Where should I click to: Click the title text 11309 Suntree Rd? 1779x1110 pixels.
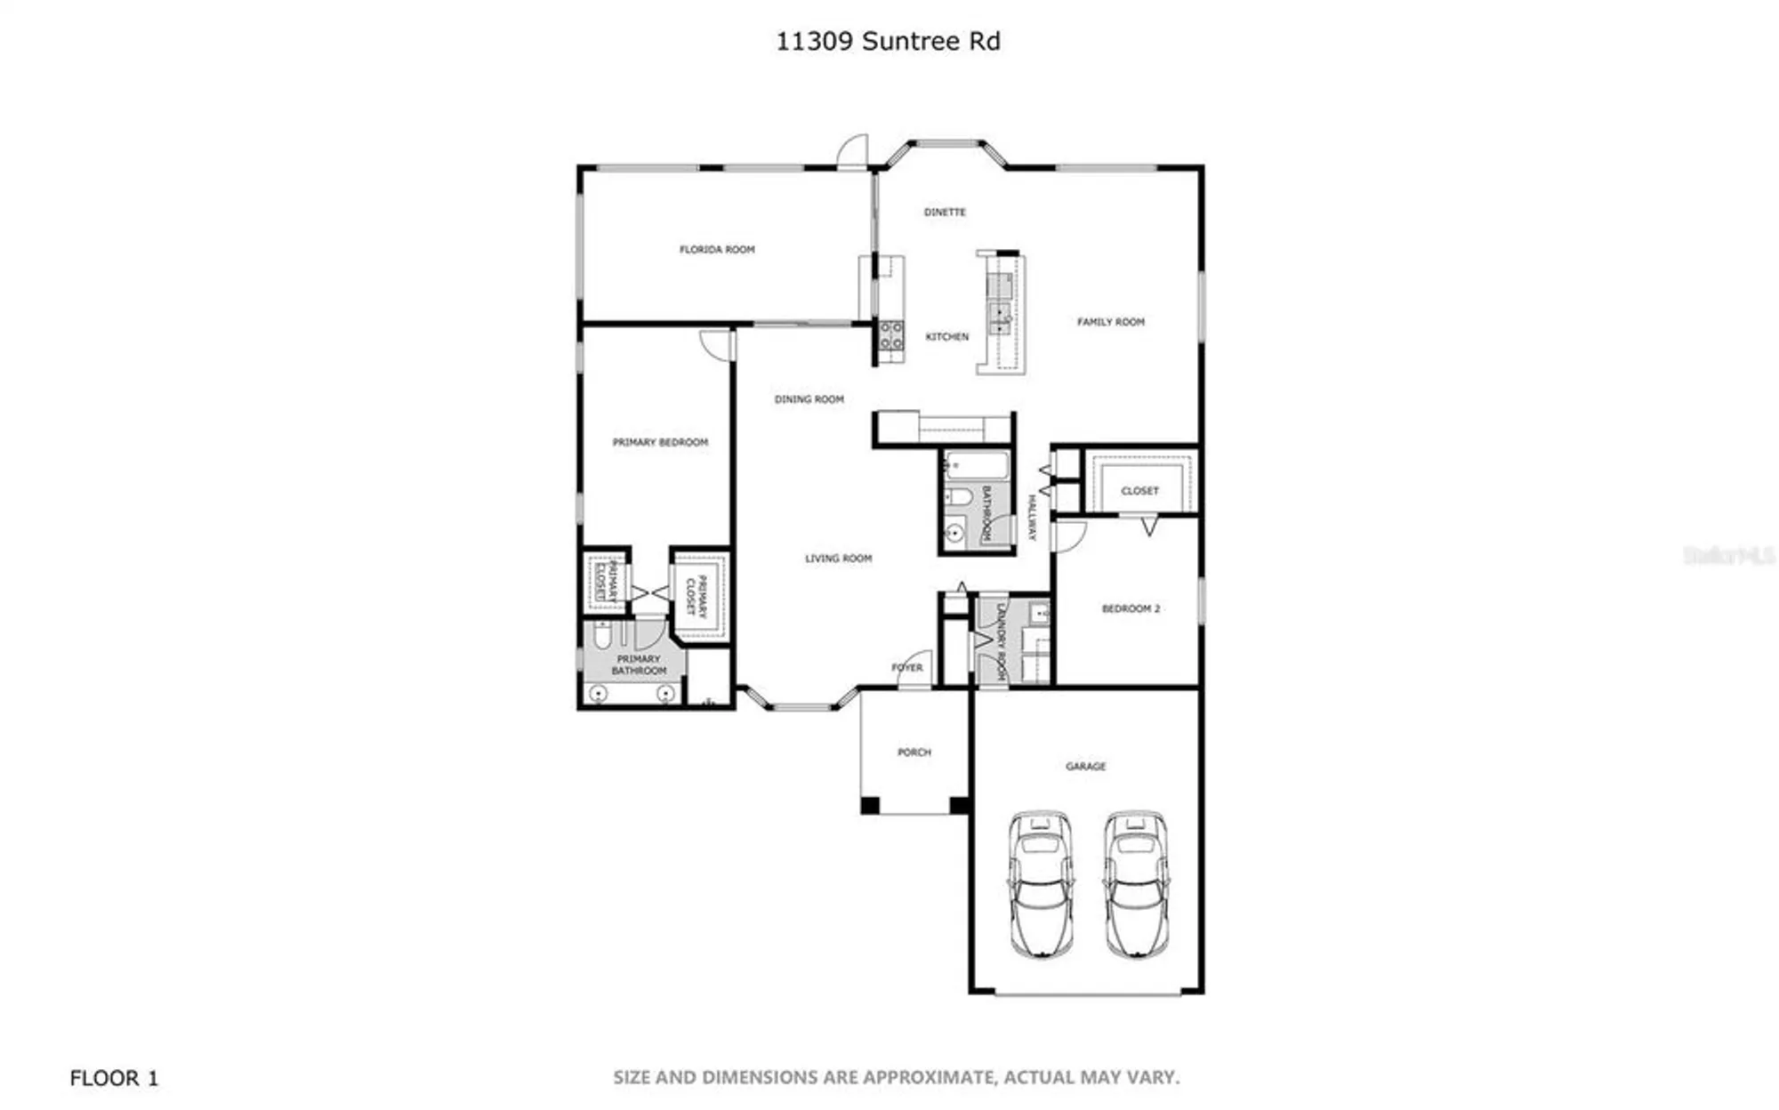click(x=888, y=42)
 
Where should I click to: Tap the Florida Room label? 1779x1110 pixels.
click(x=717, y=250)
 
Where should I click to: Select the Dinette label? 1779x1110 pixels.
click(x=945, y=213)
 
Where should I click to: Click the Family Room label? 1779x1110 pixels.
click(x=1111, y=322)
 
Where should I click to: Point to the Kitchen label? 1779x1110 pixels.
click(x=946, y=337)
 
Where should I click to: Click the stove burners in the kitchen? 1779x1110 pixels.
click(x=891, y=336)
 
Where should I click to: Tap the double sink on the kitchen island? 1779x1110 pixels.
click(x=1000, y=302)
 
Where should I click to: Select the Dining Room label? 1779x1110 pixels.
click(x=809, y=399)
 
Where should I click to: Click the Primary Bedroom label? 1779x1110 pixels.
click(x=660, y=442)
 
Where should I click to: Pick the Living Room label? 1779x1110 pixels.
click(x=838, y=559)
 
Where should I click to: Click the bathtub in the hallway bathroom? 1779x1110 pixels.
click(x=977, y=466)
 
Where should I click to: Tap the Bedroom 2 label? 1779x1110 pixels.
click(x=1131, y=609)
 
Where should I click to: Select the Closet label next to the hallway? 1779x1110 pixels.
click(x=1139, y=491)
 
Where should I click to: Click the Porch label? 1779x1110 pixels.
click(x=914, y=752)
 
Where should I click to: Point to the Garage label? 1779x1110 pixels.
click(x=1085, y=766)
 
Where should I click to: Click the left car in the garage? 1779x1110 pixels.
click(x=1040, y=884)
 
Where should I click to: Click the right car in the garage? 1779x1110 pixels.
click(x=1136, y=884)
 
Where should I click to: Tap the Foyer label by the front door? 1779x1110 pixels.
click(x=906, y=668)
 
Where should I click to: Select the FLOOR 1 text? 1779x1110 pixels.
click(x=114, y=1078)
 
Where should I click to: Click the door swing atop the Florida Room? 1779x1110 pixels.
click(x=854, y=153)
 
